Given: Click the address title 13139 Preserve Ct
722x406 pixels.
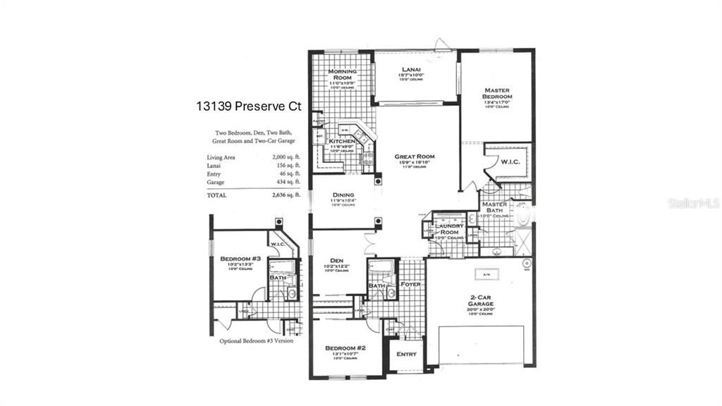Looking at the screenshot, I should click(x=249, y=107).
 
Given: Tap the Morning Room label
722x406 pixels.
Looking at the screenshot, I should click(x=342, y=75).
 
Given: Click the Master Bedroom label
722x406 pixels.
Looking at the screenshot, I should click(x=497, y=94).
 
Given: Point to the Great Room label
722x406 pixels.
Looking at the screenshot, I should click(x=414, y=156).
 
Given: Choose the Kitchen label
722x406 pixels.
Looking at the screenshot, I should click(x=342, y=142).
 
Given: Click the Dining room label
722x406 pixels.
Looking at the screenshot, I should click(x=343, y=195).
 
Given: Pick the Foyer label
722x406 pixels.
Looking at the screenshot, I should click(x=410, y=285).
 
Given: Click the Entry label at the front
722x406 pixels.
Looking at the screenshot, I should click(x=407, y=354).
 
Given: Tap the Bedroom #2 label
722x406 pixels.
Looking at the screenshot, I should click(x=345, y=349).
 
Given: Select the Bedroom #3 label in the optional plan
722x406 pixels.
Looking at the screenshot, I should click(x=240, y=259).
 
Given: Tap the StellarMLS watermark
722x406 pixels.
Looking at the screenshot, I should click(x=693, y=204).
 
